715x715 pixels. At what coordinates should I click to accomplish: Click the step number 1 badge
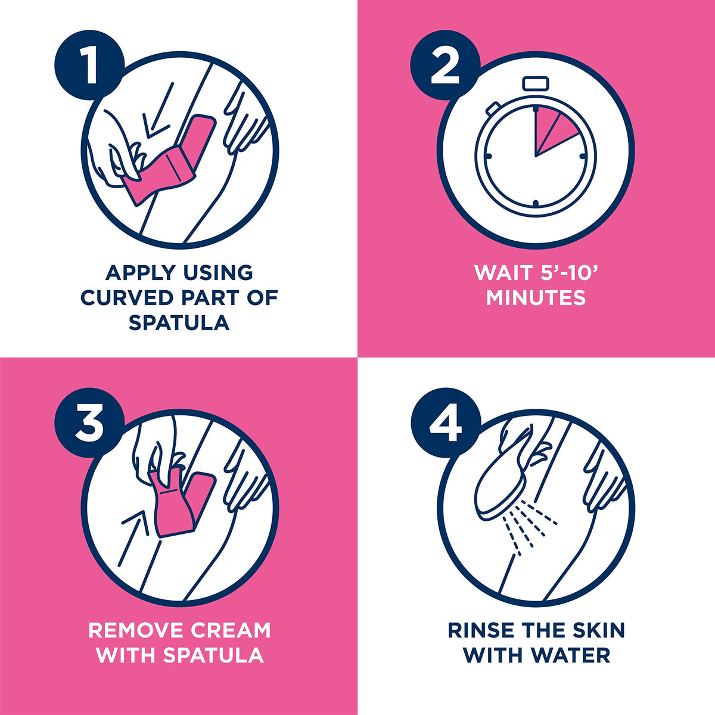[89, 65]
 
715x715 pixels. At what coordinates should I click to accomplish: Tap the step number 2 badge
[445, 65]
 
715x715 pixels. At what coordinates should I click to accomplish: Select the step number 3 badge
[89, 422]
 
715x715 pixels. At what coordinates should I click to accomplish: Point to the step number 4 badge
[445, 422]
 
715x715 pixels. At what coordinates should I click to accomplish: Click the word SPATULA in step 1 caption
[179, 322]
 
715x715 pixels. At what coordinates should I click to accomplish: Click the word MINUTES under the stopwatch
[536, 297]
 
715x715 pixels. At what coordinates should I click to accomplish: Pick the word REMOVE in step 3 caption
[136, 630]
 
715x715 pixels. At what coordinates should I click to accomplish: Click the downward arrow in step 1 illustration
[159, 111]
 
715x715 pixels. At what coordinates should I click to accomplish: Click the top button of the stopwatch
[536, 83]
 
